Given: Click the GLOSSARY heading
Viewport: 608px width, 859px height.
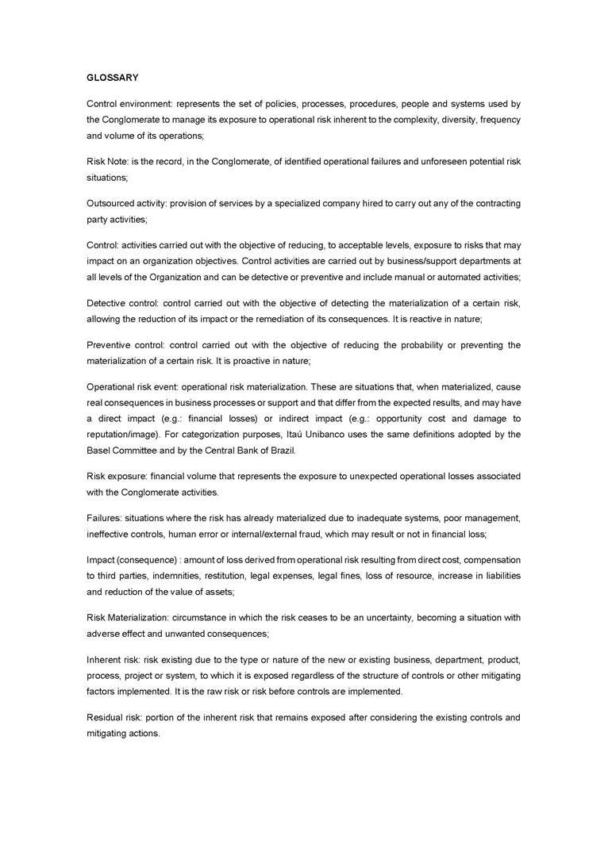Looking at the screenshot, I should click(x=113, y=78).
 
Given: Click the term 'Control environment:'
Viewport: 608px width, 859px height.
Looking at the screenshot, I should click(x=129, y=104).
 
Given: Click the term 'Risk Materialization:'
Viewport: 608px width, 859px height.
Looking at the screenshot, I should click(x=129, y=617).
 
